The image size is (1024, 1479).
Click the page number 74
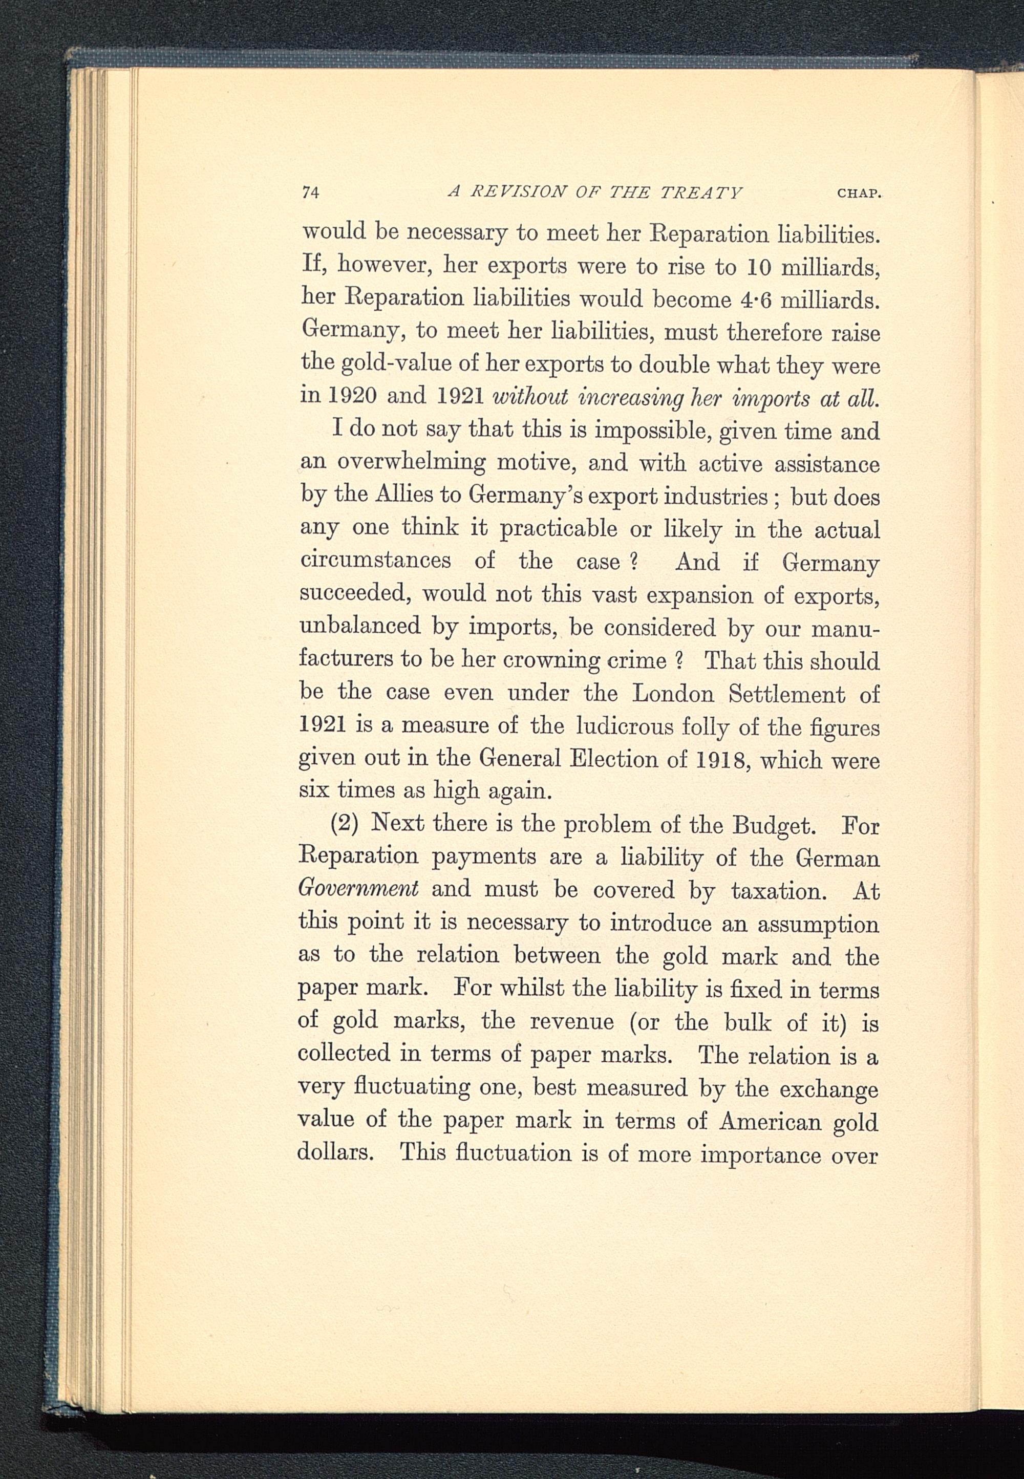311,193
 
